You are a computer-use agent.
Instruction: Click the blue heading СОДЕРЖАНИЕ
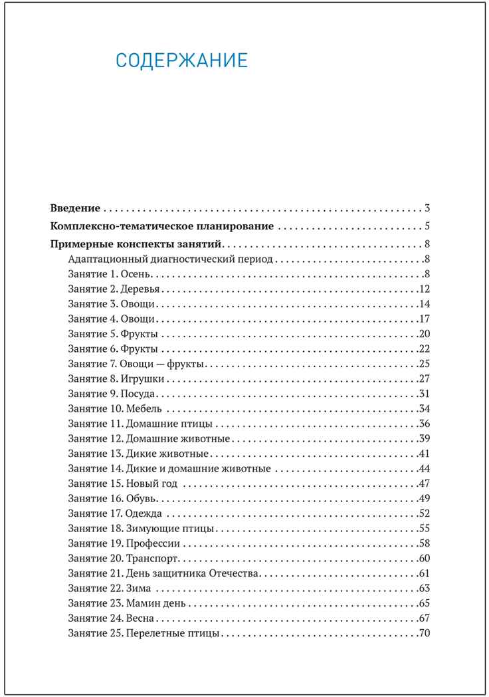181,61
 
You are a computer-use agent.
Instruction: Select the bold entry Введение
76,208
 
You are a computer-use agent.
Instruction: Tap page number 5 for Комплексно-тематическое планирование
429,225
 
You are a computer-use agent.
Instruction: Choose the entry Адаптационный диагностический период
171,259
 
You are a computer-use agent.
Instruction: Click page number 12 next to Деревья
425,289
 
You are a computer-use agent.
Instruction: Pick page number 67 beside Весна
425,618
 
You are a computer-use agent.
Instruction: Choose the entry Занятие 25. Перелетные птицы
144,633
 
